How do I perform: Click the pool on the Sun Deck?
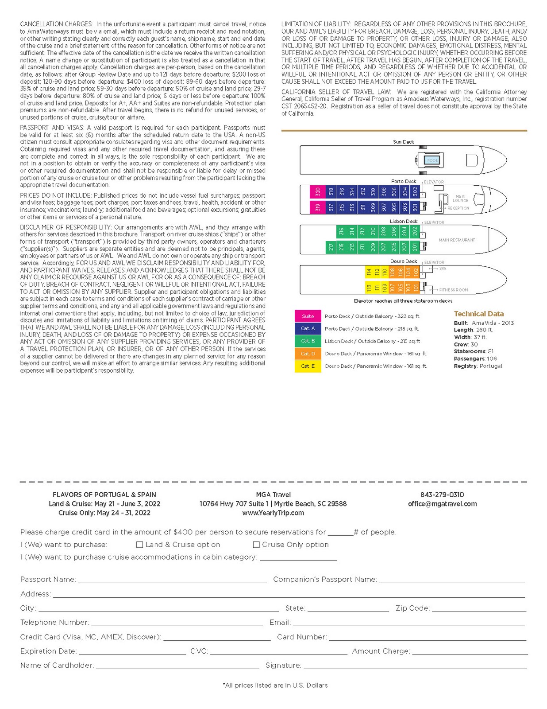432,160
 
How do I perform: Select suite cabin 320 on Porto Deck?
317,192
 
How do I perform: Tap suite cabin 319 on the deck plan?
317,207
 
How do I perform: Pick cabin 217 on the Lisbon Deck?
331,247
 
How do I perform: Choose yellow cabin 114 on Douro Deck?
369,272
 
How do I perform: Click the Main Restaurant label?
457,240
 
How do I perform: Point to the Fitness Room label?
453,290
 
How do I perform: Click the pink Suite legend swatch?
308,316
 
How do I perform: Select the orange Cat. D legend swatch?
308,354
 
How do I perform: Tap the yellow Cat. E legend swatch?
308,366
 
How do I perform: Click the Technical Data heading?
478,314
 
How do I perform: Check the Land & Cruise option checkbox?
139,545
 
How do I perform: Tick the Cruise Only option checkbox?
256,545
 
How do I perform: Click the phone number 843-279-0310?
442,495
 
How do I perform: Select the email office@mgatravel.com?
442,504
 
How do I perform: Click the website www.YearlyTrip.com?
273,513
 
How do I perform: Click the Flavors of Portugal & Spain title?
104,495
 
